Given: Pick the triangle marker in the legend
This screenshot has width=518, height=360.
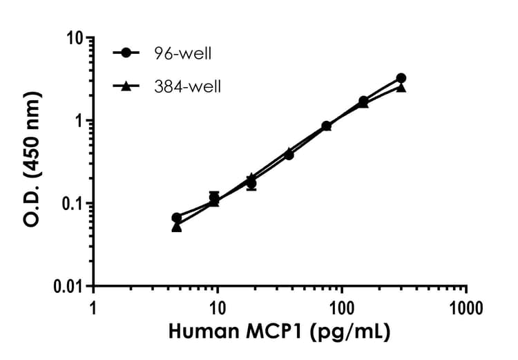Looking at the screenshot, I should click(126, 86).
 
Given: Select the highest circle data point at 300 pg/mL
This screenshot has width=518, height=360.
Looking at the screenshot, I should click(401, 78).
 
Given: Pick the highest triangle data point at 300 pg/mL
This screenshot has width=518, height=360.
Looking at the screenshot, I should click(401, 88).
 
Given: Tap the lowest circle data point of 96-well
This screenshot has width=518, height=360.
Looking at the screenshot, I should click(177, 218).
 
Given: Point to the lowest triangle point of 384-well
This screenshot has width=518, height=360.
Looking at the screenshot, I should click(177, 227).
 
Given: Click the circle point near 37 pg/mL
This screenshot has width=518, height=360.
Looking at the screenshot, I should click(289, 154).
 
